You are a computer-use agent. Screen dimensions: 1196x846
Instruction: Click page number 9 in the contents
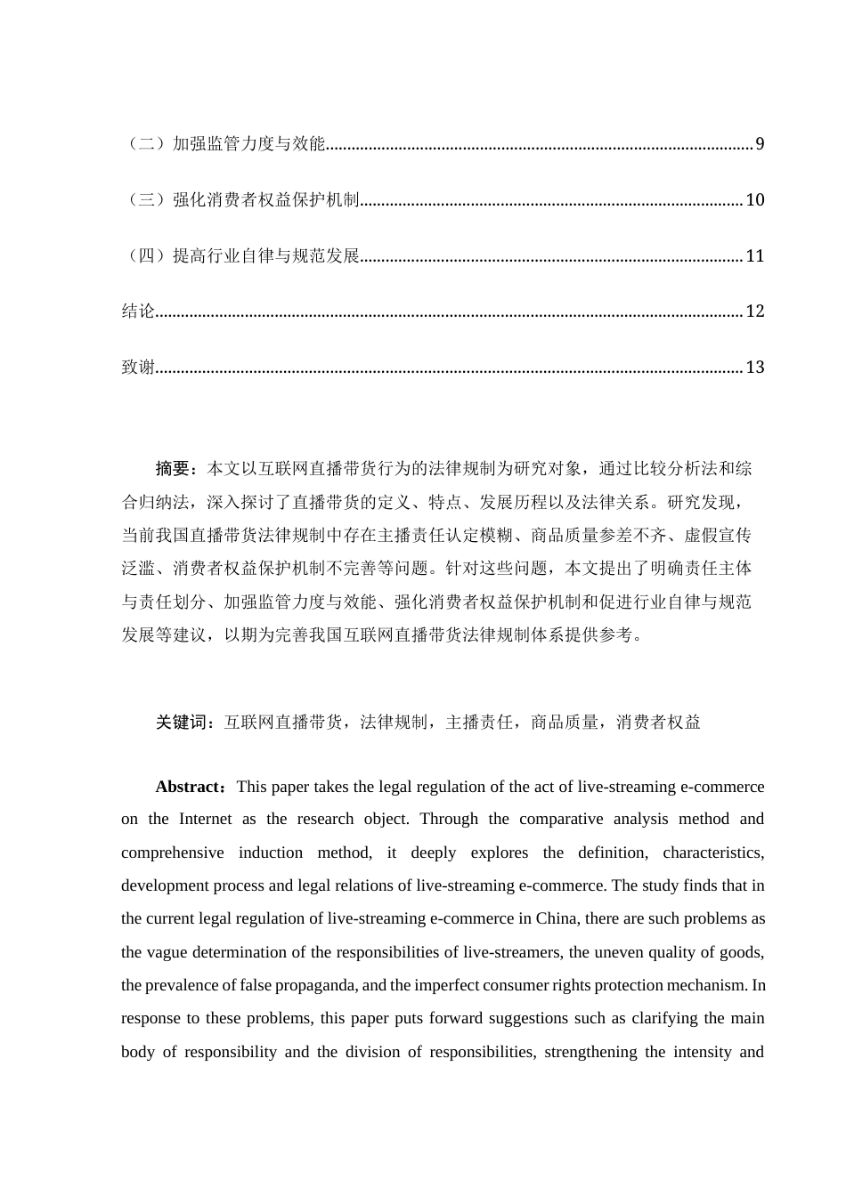(760, 144)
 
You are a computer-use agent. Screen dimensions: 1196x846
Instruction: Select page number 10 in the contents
(755, 200)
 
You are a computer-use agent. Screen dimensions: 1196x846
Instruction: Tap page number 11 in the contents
(755, 256)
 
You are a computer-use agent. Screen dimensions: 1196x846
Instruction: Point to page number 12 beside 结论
(755, 311)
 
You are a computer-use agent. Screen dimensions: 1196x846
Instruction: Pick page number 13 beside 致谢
(755, 368)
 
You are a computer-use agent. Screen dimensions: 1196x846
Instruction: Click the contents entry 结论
(138, 311)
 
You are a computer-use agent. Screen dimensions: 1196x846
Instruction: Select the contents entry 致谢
(138, 368)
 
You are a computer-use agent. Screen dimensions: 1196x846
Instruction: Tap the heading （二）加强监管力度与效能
(224, 144)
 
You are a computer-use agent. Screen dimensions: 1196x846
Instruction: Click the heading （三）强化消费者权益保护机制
(240, 200)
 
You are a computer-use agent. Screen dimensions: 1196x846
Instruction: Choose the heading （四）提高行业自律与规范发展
(240, 256)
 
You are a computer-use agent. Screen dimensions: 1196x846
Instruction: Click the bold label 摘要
(173, 469)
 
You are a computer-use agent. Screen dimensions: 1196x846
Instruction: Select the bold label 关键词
(181, 723)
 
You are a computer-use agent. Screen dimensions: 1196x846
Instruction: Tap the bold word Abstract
(189, 787)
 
